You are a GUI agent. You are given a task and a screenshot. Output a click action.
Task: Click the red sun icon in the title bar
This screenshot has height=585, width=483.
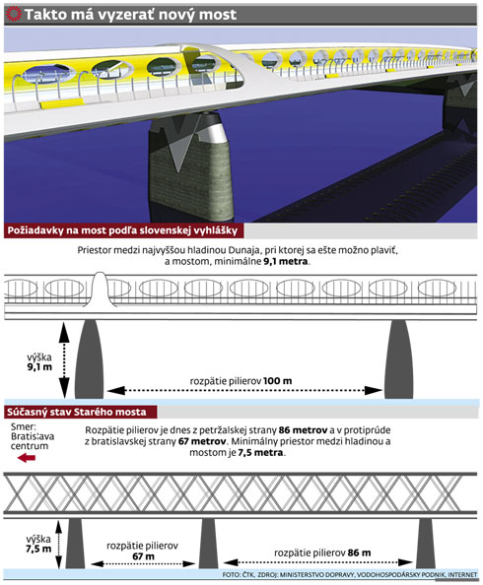point(14,14)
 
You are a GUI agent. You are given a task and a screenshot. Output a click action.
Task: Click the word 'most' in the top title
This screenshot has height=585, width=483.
point(218,15)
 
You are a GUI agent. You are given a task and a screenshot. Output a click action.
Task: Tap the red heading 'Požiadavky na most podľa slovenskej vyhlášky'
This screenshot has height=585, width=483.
point(122,230)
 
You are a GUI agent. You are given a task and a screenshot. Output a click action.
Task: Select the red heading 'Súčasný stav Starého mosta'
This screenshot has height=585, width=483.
point(77,412)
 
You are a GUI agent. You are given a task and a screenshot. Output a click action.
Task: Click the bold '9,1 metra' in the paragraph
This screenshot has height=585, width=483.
point(286,261)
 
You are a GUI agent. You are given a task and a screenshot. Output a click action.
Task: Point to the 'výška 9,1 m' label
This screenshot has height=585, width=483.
point(39,361)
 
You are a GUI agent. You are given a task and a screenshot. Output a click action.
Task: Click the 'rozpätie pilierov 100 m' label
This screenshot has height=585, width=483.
point(241,381)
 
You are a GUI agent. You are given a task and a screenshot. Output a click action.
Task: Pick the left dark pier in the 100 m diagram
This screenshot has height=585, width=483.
point(90,359)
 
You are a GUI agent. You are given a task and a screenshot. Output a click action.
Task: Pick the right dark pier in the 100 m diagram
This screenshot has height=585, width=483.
point(398,359)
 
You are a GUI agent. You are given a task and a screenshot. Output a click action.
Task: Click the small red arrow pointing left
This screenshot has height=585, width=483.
point(27,457)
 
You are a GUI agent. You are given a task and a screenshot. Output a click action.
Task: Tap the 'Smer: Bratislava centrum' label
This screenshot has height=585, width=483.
point(33,436)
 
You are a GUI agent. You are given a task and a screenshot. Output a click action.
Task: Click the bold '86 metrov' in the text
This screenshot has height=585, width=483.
point(303,430)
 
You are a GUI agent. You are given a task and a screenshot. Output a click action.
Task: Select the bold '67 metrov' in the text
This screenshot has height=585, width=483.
point(202,441)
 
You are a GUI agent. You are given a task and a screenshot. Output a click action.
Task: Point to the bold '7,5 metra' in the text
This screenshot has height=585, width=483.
point(260,453)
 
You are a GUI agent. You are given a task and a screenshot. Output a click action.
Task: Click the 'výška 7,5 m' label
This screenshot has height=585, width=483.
point(38,544)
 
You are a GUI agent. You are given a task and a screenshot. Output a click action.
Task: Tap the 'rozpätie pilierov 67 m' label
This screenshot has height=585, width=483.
point(142,552)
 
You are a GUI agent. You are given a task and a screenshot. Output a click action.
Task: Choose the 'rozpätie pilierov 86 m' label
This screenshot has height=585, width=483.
point(322,552)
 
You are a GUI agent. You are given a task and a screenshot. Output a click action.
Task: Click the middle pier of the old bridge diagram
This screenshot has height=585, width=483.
point(208,544)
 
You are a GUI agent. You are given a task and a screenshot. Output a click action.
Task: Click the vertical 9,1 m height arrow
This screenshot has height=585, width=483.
point(64,359)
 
